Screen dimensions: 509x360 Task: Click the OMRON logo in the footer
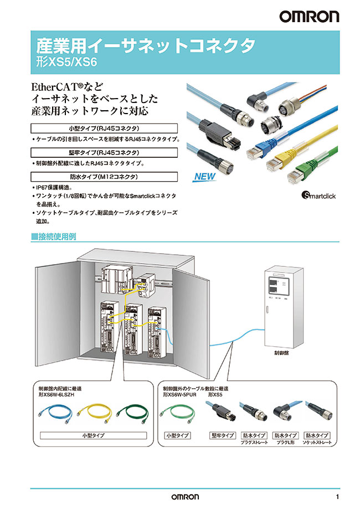point(181,496)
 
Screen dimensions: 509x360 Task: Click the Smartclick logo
point(318,195)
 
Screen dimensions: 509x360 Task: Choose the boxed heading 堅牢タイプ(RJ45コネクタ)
point(104,152)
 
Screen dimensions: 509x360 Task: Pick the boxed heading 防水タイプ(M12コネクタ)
point(104,177)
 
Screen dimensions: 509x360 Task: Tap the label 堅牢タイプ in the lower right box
point(222,436)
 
